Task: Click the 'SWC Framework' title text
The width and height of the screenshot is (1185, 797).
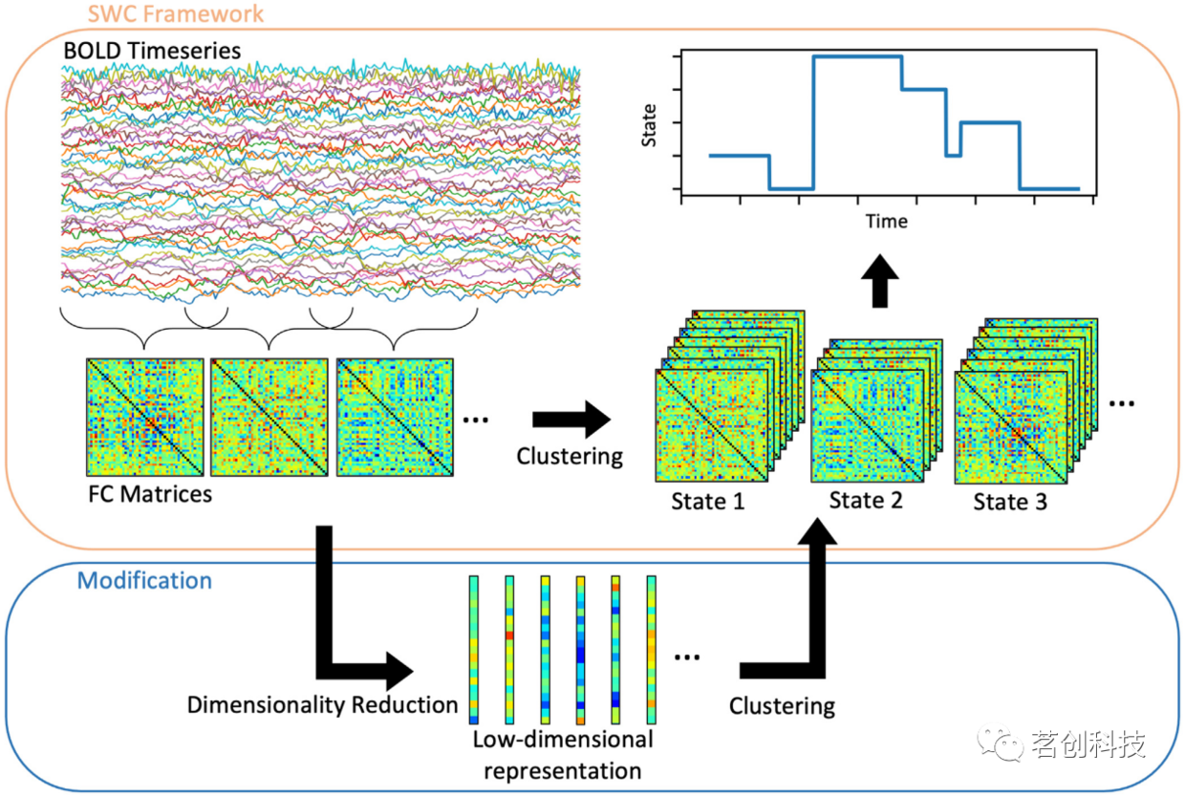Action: coord(175,14)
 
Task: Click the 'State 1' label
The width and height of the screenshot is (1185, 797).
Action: coord(707,501)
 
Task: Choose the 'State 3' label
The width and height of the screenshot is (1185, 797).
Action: coord(1010,501)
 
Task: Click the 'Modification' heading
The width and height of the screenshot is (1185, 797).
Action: coord(144,580)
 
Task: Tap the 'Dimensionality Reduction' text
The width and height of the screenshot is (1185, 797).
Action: coord(323,705)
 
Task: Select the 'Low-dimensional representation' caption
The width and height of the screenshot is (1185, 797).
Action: coord(563,754)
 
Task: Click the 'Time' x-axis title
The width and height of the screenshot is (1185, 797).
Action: coord(886,222)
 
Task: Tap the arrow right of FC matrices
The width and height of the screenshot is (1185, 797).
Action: coord(571,418)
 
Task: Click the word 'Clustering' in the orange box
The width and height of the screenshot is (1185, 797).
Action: coord(570,457)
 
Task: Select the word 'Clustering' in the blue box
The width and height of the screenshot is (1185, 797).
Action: coord(782,706)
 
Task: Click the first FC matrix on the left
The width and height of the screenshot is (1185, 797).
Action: coord(145,417)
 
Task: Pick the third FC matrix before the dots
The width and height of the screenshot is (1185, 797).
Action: coord(395,417)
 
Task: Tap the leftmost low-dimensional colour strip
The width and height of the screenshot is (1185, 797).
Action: coord(474,650)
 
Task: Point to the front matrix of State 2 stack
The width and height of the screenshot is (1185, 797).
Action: coord(869,426)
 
